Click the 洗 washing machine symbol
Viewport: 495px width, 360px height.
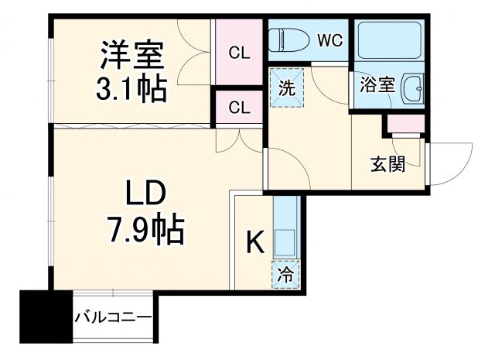point(285,87)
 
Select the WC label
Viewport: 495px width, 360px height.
point(329,41)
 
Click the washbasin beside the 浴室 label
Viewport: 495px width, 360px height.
point(412,89)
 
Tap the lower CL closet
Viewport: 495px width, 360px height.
point(239,107)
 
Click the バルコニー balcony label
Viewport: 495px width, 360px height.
point(114,317)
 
